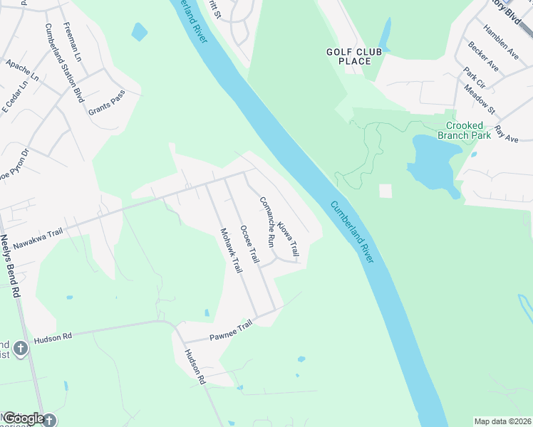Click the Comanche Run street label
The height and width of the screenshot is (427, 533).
(266, 221)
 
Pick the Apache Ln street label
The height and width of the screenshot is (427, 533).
(22, 70)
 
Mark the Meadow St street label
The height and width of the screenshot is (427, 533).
(480, 100)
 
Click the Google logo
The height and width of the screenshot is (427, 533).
(24, 418)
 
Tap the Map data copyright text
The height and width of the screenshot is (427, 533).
(502, 421)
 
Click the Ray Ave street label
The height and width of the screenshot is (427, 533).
(507, 133)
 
